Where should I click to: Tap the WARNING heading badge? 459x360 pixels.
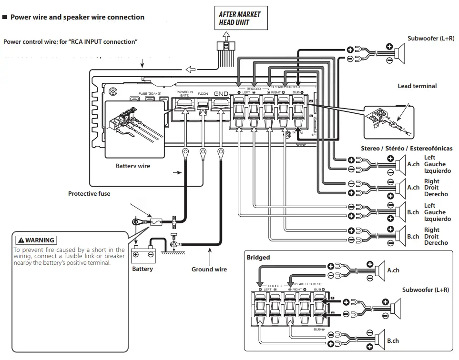tap(36, 240)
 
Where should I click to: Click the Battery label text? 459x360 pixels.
tap(143, 269)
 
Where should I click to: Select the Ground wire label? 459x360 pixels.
tap(209, 270)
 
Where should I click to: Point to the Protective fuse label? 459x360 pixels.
tap(89, 194)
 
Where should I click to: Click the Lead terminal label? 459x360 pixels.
tap(417, 86)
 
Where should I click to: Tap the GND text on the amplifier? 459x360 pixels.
tap(221, 94)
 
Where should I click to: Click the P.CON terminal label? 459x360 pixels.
tap(203, 93)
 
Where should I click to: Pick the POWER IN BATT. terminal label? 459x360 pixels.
tap(184, 93)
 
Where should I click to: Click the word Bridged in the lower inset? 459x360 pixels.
tap(258, 258)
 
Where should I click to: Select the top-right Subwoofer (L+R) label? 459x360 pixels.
tap(431, 39)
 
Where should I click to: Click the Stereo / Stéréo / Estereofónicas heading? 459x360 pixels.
tap(407, 149)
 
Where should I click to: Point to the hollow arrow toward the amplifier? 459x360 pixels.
tap(190, 70)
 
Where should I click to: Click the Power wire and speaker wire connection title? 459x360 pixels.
tap(77, 17)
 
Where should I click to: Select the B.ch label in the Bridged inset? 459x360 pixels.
tap(393, 341)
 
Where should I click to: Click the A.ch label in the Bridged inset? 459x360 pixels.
tap(393, 270)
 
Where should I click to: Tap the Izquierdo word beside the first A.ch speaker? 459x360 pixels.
tap(437, 171)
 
